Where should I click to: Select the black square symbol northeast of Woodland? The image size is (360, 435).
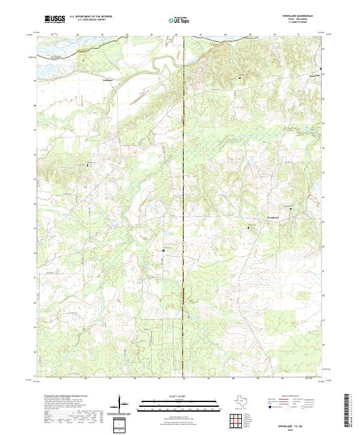291,208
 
